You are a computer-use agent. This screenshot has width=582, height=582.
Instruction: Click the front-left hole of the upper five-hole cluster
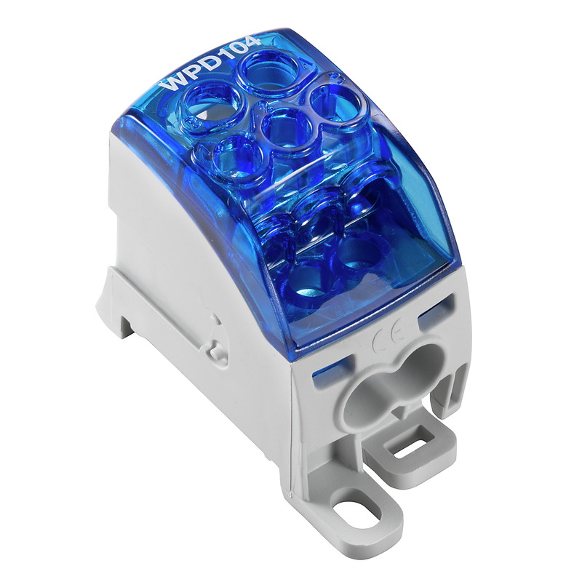coord(222,152)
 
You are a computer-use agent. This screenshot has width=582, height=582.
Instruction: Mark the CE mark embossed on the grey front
coord(382,340)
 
